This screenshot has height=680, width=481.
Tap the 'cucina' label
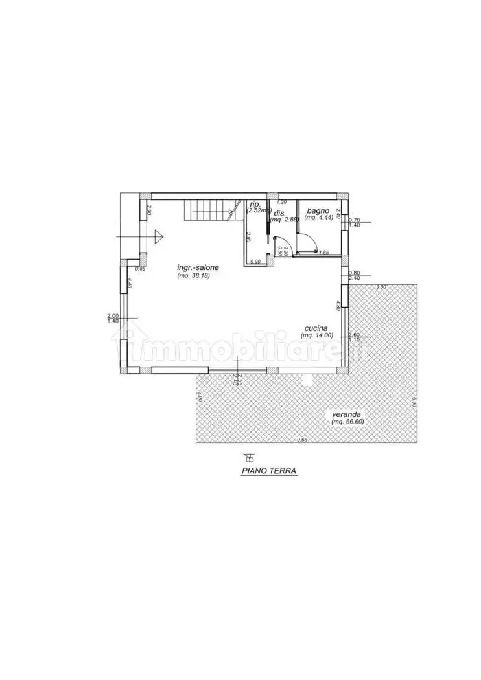[318, 328]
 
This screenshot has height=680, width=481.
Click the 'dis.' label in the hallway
[280, 213]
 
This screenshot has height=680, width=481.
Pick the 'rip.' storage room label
[253, 204]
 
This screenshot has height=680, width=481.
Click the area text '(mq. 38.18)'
[193, 276]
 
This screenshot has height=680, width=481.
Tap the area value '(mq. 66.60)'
[347, 422]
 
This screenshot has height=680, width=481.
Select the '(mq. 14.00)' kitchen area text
[318, 335]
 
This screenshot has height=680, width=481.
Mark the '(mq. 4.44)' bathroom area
[318, 218]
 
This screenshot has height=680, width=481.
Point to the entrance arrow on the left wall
[158, 237]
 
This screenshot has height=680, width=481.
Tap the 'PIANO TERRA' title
[269, 471]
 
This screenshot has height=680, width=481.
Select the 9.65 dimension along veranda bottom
[301, 440]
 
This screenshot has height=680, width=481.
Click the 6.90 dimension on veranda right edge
[414, 402]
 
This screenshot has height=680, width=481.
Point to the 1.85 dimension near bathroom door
[324, 252]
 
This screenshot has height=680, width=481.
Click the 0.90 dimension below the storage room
[255, 262]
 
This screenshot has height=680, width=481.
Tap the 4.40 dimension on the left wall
[130, 283]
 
